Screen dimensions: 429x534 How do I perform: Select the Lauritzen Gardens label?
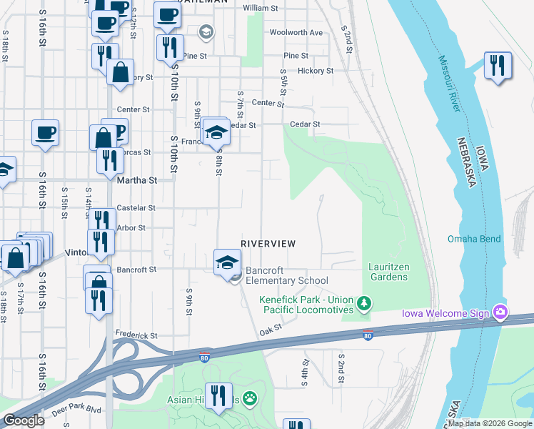coord(388,272)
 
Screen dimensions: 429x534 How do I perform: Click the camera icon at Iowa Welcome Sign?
coord(500,312)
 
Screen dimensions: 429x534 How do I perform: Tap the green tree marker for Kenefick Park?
coord(365,305)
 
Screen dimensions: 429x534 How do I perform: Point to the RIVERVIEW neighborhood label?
coord(268,244)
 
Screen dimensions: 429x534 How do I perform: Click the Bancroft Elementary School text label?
coord(286,276)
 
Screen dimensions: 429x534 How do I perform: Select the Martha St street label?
coord(136,181)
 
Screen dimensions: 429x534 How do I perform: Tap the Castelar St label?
coord(136,208)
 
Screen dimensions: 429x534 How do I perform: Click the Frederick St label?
coord(136,335)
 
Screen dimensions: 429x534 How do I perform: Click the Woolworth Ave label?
coord(296,32)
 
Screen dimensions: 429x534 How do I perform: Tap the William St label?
coord(260,8)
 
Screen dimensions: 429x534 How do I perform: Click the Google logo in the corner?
coord(24,420)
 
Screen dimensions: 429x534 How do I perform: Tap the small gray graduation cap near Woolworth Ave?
coord(206,31)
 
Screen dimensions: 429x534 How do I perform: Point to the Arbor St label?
coord(131,228)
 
